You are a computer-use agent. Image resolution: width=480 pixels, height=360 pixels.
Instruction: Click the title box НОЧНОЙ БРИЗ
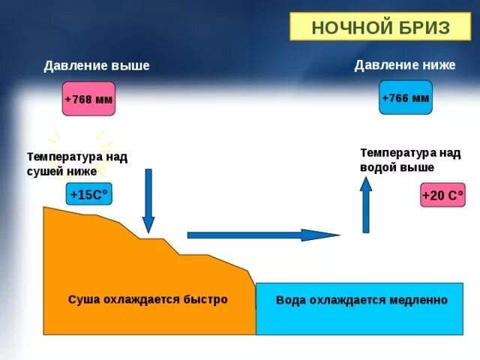pos(380,28)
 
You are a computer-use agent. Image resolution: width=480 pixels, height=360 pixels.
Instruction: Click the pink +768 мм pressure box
pos(88,99)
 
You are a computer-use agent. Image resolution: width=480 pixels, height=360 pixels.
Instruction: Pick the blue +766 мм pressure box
pos(406,97)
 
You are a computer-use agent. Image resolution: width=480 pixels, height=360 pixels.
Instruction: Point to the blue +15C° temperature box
pos(88,195)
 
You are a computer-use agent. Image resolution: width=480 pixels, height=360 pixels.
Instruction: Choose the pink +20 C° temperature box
pos(443,196)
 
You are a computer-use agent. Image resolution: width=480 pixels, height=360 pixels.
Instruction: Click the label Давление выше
pos(97,66)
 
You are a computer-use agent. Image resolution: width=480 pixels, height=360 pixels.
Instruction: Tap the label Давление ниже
pos(405,65)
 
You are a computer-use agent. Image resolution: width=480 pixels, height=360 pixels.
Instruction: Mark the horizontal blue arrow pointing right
pos(262,235)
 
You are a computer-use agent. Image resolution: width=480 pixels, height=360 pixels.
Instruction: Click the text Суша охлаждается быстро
pos(148,299)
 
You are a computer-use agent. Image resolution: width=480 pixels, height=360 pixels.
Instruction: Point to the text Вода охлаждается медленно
pos(361,300)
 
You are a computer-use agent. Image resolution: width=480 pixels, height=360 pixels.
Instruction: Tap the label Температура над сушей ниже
pos(77,163)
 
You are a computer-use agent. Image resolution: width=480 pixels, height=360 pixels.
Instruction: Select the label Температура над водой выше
pos(410,160)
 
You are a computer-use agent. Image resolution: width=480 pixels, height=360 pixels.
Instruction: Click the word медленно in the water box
pos(418,300)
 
